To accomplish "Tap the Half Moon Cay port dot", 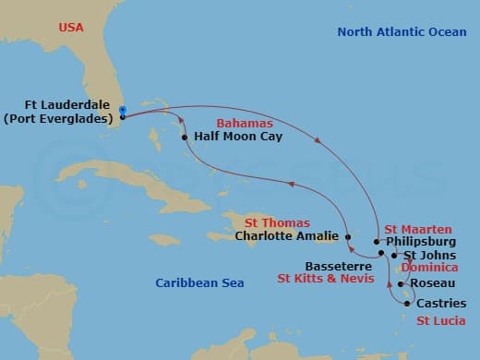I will point(185,138).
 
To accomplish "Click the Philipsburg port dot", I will point(378,242).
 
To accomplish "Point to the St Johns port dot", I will point(395,255).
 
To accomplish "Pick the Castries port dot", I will point(407,303).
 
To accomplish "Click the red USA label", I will point(71,28).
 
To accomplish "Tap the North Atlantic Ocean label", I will point(402,32).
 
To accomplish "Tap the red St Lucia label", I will point(440,320).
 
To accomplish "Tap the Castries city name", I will point(441,303).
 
